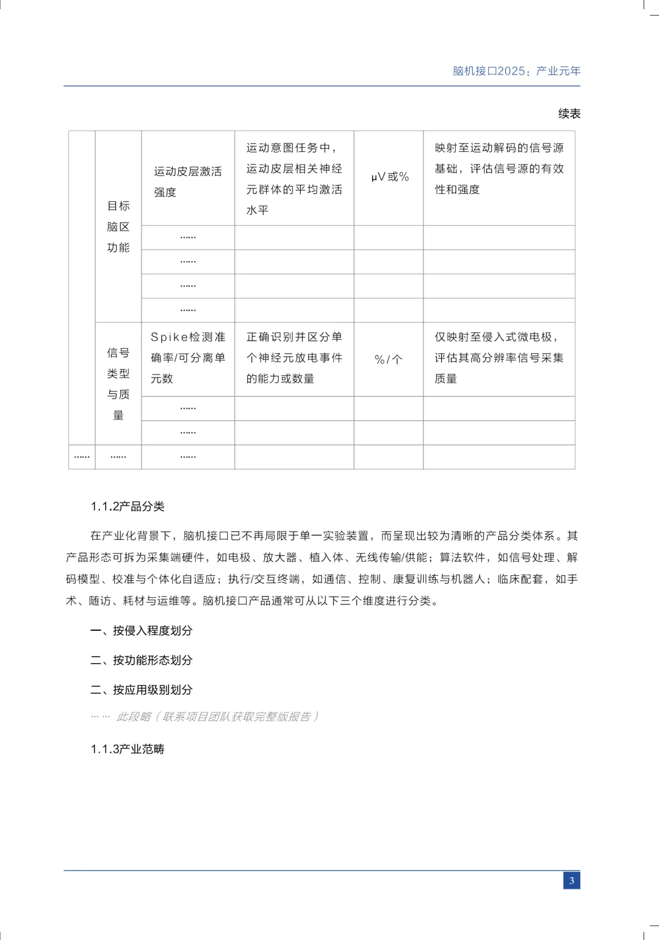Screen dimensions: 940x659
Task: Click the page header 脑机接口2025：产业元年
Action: pyautogui.click(x=516, y=71)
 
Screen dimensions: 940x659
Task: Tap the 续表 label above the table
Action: pyautogui.click(x=569, y=113)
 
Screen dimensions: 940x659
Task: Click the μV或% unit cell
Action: pyautogui.click(x=389, y=177)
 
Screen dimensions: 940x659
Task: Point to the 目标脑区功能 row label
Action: pyautogui.click(x=118, y=226)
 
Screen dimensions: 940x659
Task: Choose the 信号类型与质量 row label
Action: pyautogui.click(x=118, y=384)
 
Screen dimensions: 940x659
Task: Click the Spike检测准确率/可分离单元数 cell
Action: pyautogui.click(x=187, y=358)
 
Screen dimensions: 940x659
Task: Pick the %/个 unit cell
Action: pyautogui.click(x=389, y=359)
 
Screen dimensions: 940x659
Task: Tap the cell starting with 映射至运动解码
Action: pyautogui.click(x=499, y=168)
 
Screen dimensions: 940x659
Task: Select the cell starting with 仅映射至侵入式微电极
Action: pyautogui.click(x=499, y=358)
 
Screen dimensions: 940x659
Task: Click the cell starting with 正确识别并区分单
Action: pyautogui.click(x=294, y=358)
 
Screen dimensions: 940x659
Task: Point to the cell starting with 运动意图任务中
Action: pyautogui.click(x=294, y=179)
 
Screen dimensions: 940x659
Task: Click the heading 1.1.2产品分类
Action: pyautogui.click(x=128, y=506)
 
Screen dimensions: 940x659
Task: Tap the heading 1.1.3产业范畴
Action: pyautogui.click(x=128, y=749)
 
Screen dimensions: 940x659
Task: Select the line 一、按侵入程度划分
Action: pyautogui.click(x=142, y=631)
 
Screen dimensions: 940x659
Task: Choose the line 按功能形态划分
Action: pyautogui.click(x=142, y=660)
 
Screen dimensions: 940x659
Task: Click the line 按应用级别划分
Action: pyautogui.click(x=142, y=690)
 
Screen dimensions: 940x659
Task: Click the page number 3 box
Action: pyautogui.click(x=571, y=880)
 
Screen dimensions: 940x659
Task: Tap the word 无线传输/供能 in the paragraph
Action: pyautogui.click(x=391, y=558)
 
